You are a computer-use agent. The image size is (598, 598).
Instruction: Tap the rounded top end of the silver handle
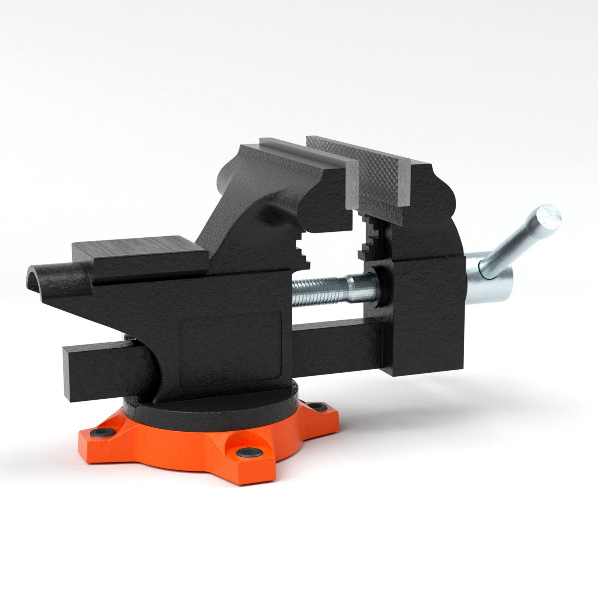(x=549, y=217)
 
